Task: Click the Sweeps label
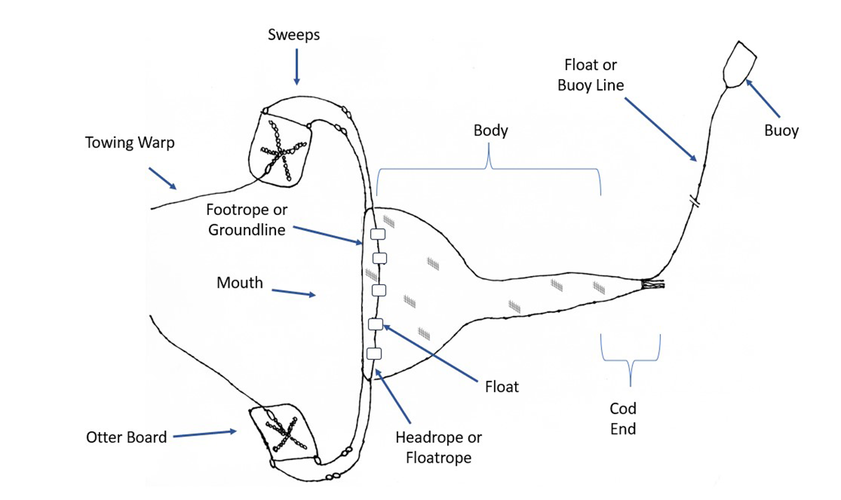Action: (x=294, y=34)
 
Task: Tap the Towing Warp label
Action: (x=130, y=143)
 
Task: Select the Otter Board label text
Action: (x=127, y=437)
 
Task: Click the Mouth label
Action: (x=240, y=283)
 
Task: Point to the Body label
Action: (x=491, y=130)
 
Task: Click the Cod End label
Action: (x=623, y=418)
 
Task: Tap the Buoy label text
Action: (x=781, y=130)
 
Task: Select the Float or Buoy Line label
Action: (x=591, y=75)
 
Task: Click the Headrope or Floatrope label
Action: (x=439, y=447)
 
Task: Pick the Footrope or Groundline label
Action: (x=247, y=219)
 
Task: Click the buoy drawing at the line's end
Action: (x=739, y=65)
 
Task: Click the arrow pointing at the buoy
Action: (x=763, y=97)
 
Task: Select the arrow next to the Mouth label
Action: (x=293, y=292)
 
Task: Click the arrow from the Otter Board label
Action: (x=205, y=434)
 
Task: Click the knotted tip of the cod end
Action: (x=653, y=284)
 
